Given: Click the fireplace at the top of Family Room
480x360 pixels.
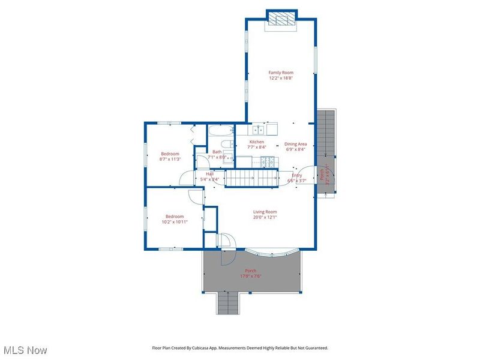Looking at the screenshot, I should [x=281, y=19].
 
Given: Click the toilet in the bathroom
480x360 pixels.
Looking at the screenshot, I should [x=227, y=145].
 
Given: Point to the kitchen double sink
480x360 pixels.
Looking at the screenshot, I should [x=259, y=129].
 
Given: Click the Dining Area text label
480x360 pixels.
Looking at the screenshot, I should [x=295, y=144].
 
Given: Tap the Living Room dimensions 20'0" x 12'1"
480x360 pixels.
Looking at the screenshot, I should [x=265, y=218].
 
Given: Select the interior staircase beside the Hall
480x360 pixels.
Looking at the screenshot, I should [x=251, y=178].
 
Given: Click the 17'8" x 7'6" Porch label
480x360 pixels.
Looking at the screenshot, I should [x=250, y=274].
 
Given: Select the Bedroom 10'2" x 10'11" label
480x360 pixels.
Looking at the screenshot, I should [x=175, y=219].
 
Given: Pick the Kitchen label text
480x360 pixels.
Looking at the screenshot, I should [x=257, y=142].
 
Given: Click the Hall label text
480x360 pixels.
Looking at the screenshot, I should [x=210, y=173].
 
